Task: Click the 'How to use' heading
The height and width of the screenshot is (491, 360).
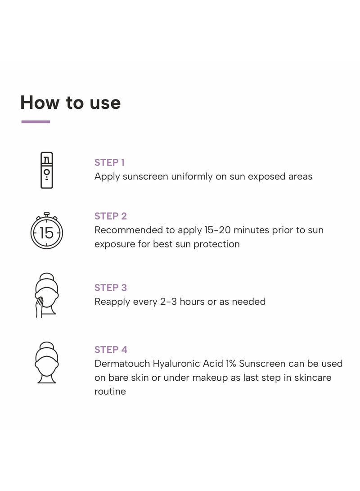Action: (71, 103)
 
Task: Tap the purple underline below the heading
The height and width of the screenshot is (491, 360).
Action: (36, 122)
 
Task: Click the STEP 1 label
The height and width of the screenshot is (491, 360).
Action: (109, 162)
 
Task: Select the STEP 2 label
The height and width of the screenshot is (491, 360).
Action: (111, 216)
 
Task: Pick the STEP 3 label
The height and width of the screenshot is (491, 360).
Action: (111, 288)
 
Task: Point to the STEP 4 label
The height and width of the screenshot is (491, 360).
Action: (111, 350)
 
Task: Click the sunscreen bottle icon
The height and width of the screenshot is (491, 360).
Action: (46, 170)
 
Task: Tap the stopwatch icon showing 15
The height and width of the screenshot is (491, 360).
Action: (46, 231)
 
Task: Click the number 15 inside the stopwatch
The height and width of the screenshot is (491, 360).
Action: (46, 233)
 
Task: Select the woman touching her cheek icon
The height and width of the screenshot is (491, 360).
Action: (46, 295)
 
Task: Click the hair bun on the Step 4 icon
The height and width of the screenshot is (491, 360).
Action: (46, 346)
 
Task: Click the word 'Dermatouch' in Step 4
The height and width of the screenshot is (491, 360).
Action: (122, 364)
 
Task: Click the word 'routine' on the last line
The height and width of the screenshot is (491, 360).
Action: (110, 392)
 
